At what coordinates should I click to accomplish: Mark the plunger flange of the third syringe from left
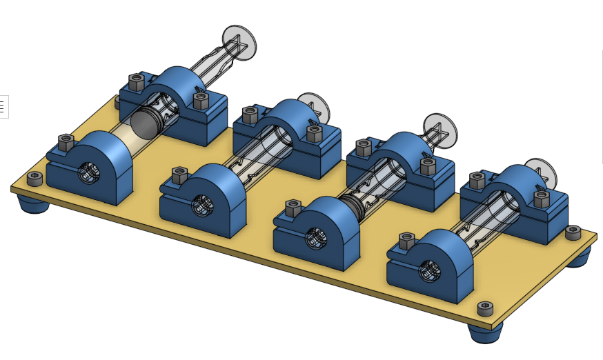point(439,129)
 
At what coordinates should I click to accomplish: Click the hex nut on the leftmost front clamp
point(66,143)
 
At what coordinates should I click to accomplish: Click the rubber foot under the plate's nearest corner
point(485,333)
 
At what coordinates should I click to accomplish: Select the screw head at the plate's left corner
point(34,179)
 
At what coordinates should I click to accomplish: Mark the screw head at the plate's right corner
point(573,233)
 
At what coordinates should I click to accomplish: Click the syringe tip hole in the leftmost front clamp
point(88,173)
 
